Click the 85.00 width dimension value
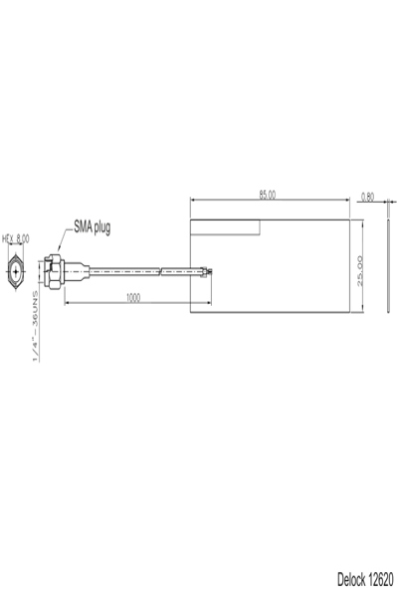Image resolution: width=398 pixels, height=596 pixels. pyautogui.click(x=268, y=195)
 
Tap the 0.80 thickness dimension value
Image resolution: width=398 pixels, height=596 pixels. pyautogui.click(x=369, y=196)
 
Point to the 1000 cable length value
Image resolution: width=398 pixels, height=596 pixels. pyautogui.click(x=132, y=297)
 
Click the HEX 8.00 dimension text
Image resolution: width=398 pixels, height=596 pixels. pyautogui.click(x=17, y=238)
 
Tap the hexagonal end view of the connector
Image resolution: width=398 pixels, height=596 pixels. pyautogui.click(x=17, y=269)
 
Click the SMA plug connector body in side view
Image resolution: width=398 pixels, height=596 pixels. pyautogui.click(x=55, y=269)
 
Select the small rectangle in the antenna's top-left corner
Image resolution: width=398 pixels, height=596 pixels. pyautogui.click(x=226, y=227)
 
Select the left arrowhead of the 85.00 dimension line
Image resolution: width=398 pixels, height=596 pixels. pyautogui.click(x=193, y=201)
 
